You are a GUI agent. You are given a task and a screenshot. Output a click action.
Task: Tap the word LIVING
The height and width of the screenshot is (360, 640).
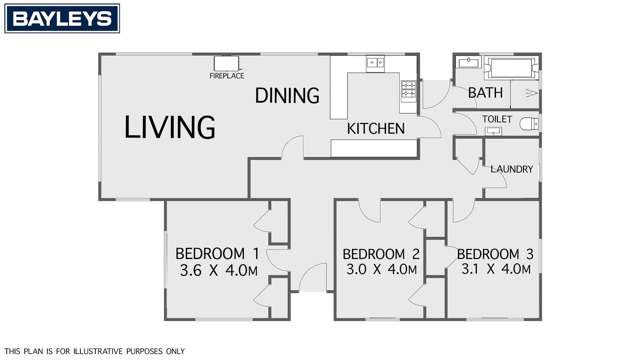170,128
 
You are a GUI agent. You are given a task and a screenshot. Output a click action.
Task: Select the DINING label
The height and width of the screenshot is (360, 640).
286,96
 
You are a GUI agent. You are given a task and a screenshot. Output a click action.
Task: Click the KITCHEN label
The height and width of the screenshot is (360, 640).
375,129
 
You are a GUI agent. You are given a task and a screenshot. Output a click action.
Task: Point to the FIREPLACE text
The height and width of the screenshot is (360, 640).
226,75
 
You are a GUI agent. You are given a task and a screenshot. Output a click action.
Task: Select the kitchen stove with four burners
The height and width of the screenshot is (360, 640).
408,91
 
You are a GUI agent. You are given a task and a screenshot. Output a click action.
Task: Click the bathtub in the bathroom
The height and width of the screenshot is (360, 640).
511,70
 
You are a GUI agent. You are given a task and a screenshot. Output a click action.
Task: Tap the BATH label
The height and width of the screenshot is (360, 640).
485,94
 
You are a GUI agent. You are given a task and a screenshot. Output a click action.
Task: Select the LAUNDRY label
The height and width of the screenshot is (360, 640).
510,169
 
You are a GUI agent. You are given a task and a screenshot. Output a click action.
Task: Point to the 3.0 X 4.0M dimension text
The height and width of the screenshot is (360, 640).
381,271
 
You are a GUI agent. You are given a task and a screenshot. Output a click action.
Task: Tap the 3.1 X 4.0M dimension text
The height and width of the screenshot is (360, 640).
494,270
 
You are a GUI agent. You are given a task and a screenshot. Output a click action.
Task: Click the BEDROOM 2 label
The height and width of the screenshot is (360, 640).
380,253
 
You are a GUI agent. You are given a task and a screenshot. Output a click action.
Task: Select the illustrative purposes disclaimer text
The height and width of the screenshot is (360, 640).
82,350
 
